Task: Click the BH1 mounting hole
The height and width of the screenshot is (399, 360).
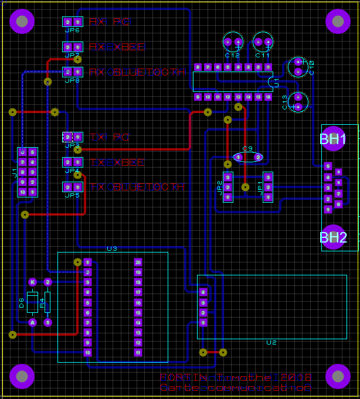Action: pos(334,139)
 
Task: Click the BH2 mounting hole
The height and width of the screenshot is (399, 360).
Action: pos(334,237)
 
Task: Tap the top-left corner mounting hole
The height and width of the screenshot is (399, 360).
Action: pos(22,22)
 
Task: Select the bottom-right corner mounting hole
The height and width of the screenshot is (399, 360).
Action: pos(338,376)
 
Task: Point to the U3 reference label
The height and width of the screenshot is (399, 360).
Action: pos(112,248)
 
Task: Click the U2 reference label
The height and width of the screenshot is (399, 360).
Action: pos(271,342)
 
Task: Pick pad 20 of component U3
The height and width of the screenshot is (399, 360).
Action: pos(138,262)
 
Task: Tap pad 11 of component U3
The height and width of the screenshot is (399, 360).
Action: pos(138,353)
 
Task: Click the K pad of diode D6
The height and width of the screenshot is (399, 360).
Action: pos(32,282)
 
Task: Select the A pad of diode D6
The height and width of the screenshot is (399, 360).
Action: pos(32,322)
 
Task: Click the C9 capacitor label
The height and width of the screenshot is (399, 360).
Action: pos(247,149)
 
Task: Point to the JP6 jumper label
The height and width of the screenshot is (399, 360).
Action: pos(72,30)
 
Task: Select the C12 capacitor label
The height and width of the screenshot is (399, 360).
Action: pos(232,54)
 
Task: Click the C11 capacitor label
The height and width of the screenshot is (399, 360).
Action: pos(262,54)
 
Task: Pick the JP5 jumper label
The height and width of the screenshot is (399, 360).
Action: pos(72,195)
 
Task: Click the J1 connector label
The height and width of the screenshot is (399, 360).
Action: pos(15,172)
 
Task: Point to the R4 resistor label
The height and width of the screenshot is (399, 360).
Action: pos(42,302)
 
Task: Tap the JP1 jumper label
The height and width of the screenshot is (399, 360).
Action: pos(260,187)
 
